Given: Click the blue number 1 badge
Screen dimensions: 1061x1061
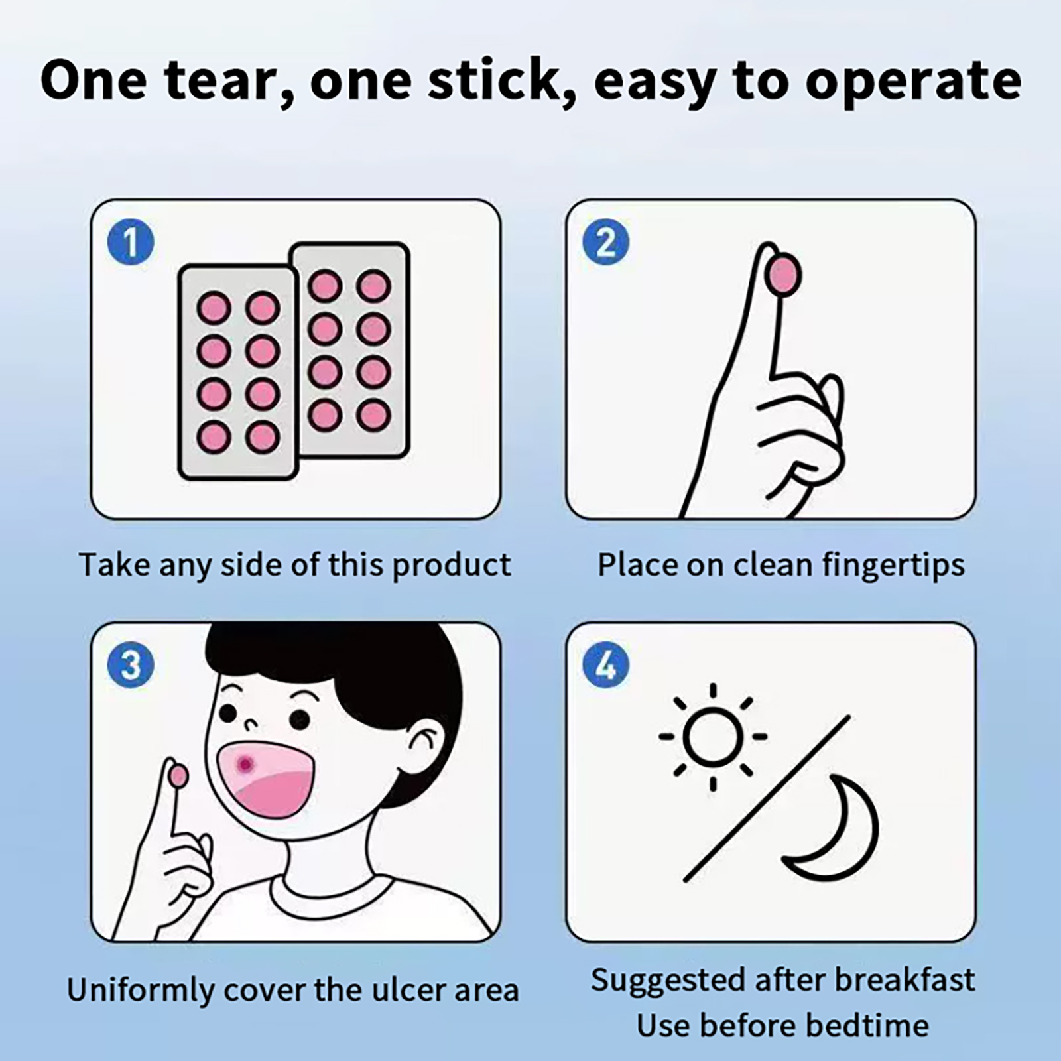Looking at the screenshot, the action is pyautogui.click(x=131, y=241).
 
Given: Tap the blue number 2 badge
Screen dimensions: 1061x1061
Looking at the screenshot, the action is pyautogui.click(x=606, y=241).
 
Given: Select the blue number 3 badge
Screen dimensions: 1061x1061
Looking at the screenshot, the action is pyautogui.click(x=131, y=664).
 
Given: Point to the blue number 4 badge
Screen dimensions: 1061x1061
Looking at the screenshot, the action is pyautogui.click(x=606, y=664).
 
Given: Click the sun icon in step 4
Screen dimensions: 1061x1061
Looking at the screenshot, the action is pyautogui.click(x=713, y=737).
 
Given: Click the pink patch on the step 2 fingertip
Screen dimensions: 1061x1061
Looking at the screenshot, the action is pyautogui.click(x=784, y=275).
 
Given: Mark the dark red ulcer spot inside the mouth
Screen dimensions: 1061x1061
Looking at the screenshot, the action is pyautogui.click(x=246, y=765).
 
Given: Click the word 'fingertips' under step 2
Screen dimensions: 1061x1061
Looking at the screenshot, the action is pyautogui.click(x=894, y=566).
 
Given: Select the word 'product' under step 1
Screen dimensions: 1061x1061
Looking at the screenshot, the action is pyautogui.click(x=452, y=566).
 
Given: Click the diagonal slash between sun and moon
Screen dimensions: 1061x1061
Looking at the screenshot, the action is pyautogui.click(x=767, y=798).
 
